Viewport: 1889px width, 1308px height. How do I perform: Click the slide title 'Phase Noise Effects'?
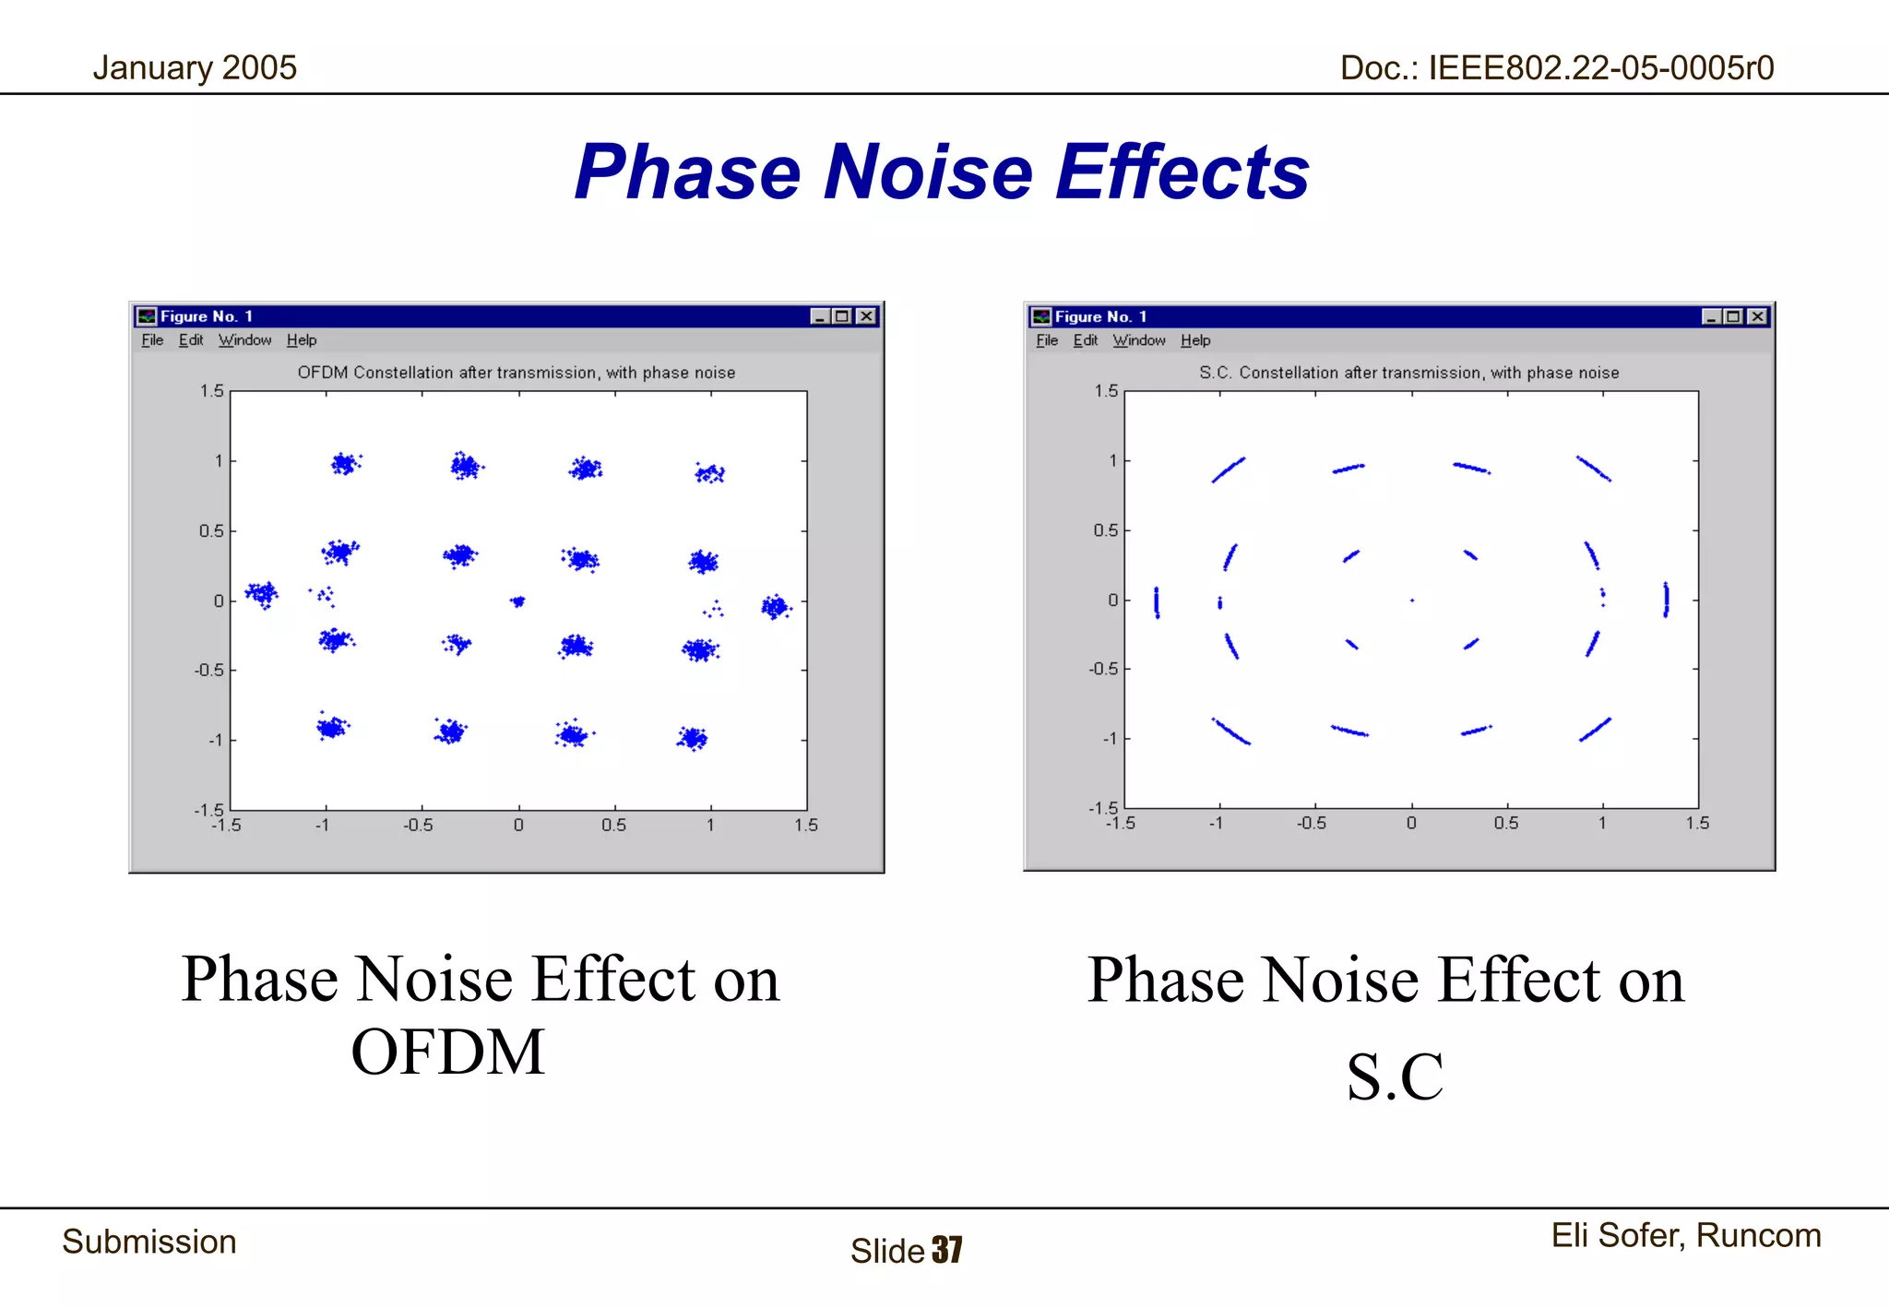click(941, 172)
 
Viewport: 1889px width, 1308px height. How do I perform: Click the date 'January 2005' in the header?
click(195, 68)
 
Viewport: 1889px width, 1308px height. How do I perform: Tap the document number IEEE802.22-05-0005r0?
click(1556, 68)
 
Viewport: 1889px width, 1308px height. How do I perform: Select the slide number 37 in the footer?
click(947, 1250)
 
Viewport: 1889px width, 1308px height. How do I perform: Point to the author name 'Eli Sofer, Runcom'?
click(1685, 1235)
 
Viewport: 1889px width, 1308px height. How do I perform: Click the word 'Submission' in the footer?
click(149, 1242)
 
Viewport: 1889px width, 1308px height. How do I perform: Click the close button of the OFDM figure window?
click(866, 316)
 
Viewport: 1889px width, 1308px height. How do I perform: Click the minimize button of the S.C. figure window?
click(1711, 316)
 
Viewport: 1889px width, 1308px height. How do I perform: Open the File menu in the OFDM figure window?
click(152, 340)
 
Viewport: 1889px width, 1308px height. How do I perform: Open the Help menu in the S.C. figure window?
click(1195, 340)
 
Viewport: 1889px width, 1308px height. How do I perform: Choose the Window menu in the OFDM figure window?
click(244, 340)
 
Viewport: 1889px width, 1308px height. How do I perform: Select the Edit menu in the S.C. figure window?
click(1086, 340)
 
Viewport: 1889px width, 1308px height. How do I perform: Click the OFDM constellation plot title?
click(517, 373)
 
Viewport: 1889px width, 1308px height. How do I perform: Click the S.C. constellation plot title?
click(1408, 373)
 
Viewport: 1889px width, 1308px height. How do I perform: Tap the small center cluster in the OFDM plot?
click(517, 601)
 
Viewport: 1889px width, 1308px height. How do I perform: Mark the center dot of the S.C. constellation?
click(1412, 600)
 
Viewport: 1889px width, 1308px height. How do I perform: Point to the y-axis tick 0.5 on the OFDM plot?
click(210, 531)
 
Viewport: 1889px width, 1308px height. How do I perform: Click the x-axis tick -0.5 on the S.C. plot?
click(1312, 823)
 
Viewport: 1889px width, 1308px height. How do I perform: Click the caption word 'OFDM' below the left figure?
click(448, 1052)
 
